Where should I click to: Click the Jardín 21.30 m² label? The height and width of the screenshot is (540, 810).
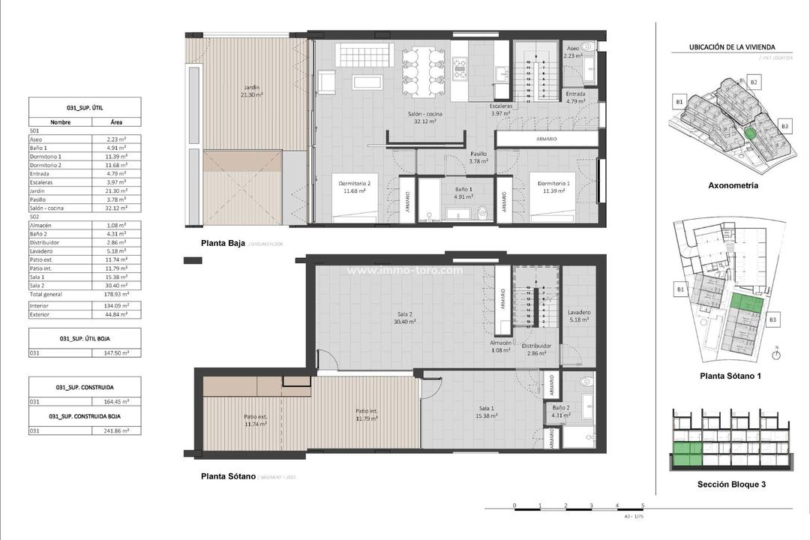pos(250,91)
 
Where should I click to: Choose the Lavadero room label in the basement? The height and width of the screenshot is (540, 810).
pos(579,316)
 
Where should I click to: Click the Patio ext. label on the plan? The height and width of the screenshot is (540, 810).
pos(256,420)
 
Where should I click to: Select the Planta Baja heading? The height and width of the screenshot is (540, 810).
pos(223,243)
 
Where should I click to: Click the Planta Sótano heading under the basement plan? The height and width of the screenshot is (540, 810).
pos(228,476)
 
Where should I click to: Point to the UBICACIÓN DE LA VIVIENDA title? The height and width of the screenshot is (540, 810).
pos(732,47)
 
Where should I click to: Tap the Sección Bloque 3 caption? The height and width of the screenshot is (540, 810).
pos(732,484)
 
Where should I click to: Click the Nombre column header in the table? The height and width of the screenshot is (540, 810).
pos(60,121)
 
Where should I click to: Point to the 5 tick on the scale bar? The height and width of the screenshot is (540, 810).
pos(643,505)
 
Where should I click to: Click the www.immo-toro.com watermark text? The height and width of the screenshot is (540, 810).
pos(405,271)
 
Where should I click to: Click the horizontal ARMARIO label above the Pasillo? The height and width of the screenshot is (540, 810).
pos(547,139)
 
